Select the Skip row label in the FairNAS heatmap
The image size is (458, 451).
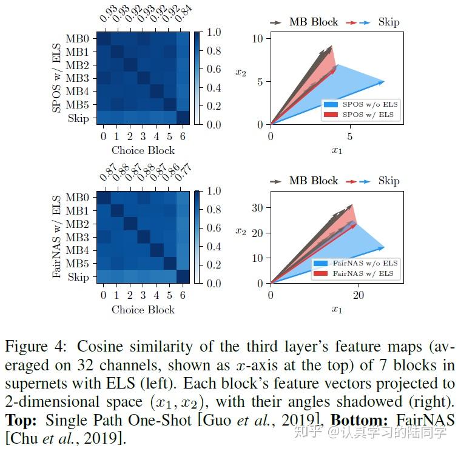tap(78, 277)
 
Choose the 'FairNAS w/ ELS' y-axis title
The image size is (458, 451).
tap(56, 236)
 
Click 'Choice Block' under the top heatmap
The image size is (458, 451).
tap(143, 150)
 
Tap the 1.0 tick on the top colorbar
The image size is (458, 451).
tap(214, 32)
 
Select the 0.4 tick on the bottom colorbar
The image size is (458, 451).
tap(214, 246)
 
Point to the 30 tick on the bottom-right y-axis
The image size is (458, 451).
tap(257, 208)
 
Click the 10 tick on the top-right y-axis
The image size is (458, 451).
tap(257, 39)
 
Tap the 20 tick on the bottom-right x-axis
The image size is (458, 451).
tap(359, 295)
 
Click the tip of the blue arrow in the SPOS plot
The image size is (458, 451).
tap(385, 81)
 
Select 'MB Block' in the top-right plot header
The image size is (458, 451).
tap(314, 22)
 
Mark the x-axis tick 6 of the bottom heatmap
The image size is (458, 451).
tap(183, 295)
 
